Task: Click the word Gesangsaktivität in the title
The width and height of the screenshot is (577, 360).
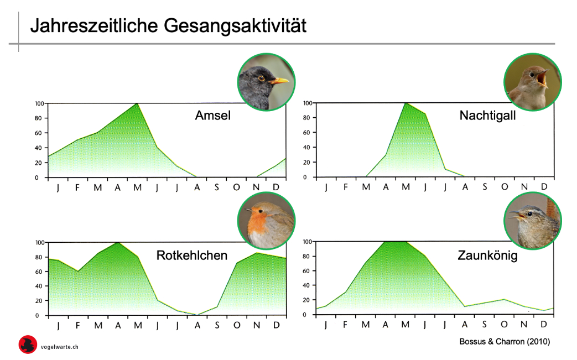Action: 235,26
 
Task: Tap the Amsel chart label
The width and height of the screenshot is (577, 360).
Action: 212,115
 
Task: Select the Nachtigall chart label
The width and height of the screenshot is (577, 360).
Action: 487,116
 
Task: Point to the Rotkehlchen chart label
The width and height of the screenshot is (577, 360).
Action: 192,255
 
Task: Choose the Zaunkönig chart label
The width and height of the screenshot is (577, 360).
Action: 487,255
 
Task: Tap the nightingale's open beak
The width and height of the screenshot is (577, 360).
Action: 542,78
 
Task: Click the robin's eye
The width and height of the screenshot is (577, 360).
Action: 261,211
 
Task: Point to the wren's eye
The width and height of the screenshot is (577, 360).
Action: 529,213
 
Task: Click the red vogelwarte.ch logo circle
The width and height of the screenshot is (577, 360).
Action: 28,345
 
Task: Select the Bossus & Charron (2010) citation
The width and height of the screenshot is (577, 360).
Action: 505,342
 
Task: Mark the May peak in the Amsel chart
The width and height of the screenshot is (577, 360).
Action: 137,104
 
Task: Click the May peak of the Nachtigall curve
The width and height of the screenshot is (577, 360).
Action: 406,103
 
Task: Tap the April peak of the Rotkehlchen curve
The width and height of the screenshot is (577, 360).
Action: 118,243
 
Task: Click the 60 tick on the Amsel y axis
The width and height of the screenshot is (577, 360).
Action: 38,133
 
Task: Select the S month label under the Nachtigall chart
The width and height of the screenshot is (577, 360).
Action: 485,187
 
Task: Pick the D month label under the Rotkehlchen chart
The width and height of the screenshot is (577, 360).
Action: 277,325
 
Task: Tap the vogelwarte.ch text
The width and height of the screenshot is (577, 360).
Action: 60,347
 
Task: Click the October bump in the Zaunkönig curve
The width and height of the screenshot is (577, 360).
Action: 504,299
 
